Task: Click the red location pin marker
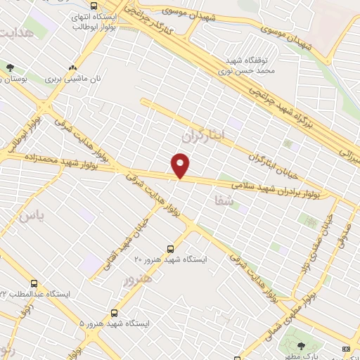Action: tap(181, 165)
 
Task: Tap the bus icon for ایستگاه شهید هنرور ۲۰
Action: tap(169, 248)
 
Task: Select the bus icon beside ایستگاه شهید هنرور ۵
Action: tap(114, 312)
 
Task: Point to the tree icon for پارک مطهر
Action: tap(302, 345)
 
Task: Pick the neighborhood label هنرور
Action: tap(138, 280)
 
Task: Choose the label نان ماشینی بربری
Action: tap(75, 79)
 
